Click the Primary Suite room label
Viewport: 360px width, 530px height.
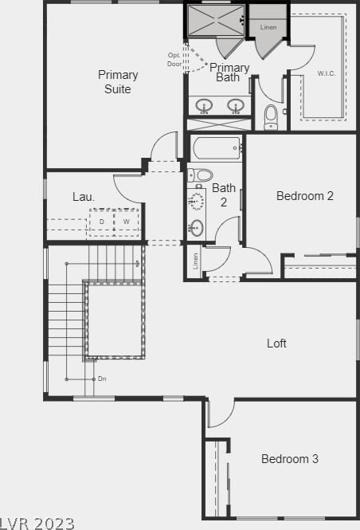(x=118, y=82)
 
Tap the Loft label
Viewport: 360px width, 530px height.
(x=276, y=344)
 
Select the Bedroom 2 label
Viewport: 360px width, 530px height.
(x=304, y=196)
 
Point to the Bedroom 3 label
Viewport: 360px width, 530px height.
(x=290, y=459)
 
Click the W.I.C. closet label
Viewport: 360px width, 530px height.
(x=327, y=73)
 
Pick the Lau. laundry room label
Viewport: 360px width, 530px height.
(x=84, y=197)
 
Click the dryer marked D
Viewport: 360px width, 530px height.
(x=102, y=222)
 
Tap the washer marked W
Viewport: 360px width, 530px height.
(x=127, y=222)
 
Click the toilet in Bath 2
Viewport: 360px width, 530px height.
(x=200, y=175)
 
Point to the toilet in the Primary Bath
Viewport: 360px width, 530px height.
(x=271, y=117)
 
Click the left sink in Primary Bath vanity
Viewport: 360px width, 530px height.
(x=204, y=106)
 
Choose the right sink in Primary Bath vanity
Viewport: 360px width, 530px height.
(x=236, y=106)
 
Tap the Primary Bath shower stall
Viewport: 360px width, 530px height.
(x=216, y=20)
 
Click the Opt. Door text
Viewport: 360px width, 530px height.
(x=174, y=60)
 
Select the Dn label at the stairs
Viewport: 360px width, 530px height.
(x=102, y=379)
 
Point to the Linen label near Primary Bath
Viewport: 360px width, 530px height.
(x=268, y=27)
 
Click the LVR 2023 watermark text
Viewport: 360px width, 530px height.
(x=37, y=524)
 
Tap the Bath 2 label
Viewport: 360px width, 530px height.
(x=224, y=195)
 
